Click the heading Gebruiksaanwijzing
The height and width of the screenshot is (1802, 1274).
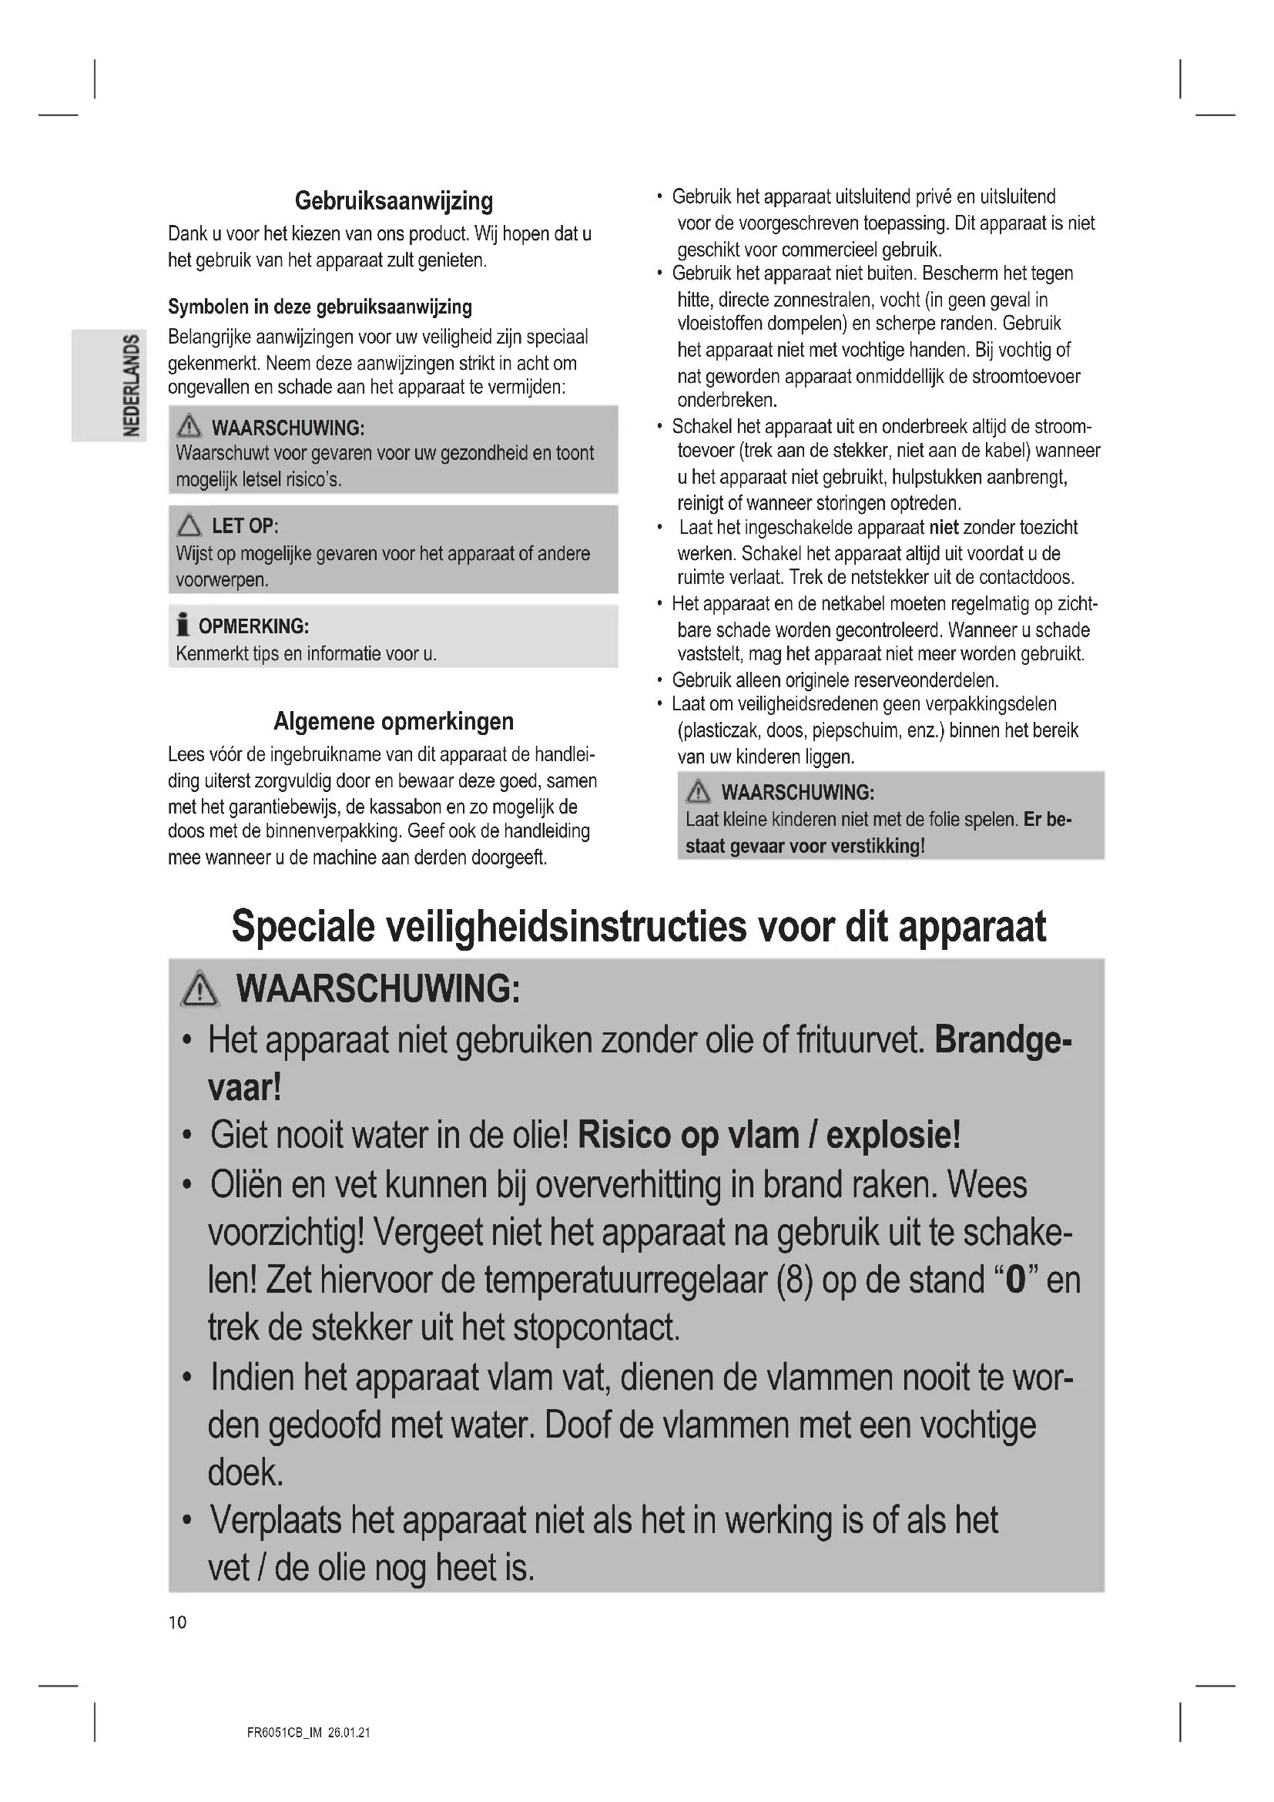(393, 201)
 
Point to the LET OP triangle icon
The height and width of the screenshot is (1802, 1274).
(189, 525)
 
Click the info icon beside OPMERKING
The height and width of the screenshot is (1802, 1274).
(183, 626)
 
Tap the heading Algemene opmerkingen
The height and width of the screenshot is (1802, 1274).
(393, 720)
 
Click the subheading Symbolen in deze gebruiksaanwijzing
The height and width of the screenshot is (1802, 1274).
(320, 306)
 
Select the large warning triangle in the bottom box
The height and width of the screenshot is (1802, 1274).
(200, 988)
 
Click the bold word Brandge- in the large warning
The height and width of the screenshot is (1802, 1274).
(1004, 1041)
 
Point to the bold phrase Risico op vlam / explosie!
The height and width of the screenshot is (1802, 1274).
(769, 1136)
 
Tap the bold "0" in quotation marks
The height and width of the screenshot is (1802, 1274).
(1015, 1280)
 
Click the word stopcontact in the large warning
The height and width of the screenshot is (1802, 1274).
(596, 1328)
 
